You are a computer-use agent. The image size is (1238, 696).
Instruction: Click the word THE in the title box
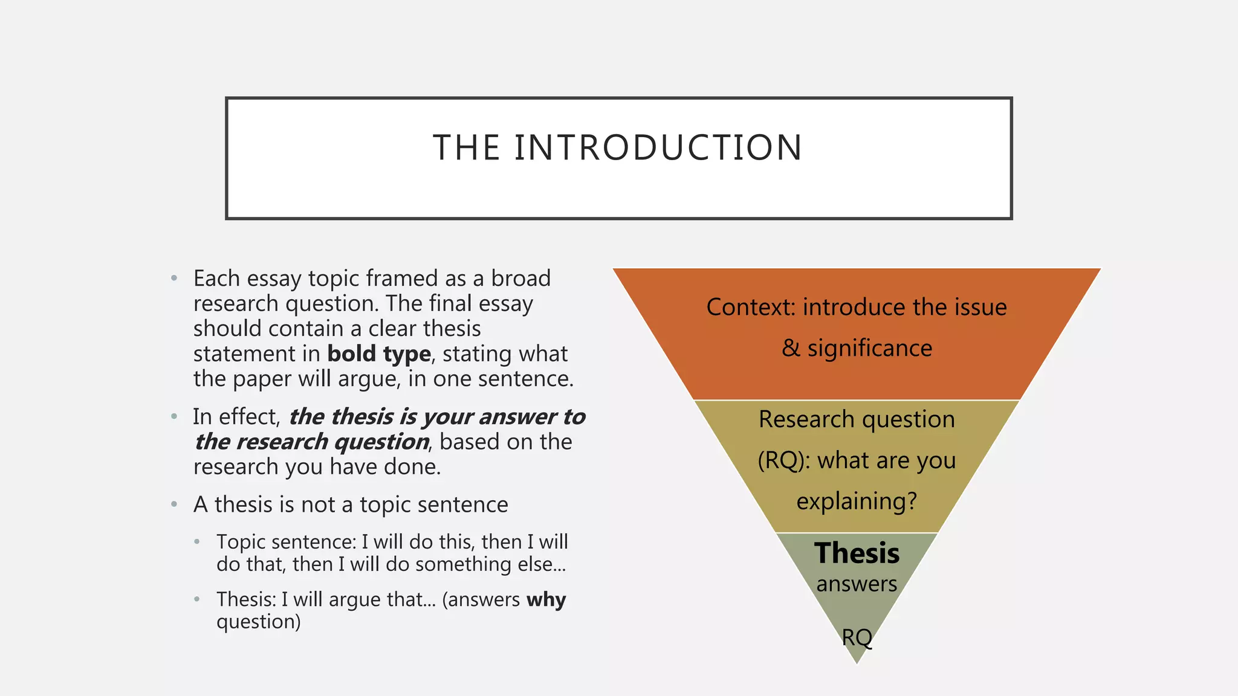pos(467,148)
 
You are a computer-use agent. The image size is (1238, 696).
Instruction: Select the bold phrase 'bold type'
pos(379,353)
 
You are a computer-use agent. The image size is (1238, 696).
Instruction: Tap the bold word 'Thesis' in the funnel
pos(857,553)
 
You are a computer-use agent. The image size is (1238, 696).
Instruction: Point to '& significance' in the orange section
pos(857,348)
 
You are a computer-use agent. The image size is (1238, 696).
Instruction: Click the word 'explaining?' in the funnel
pos(857,501)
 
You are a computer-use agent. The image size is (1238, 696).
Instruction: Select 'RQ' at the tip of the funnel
pos(857,637)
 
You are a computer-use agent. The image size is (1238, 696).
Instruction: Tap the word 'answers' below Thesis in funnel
pos(857,584)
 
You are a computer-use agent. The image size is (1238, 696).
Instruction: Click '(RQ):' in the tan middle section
pos(784,460)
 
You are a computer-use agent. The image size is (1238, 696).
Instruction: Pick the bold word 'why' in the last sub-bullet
pos(546,599)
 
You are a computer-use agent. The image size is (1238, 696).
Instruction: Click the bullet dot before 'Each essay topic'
pos(174,279)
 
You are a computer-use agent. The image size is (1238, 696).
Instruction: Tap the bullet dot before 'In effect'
pos(174,416)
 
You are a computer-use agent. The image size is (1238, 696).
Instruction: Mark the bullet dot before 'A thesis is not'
pos(174,504)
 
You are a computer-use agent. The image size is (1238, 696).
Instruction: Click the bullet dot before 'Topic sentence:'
pos(197,542)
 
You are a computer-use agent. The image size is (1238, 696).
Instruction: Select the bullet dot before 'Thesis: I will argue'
pos(197,599)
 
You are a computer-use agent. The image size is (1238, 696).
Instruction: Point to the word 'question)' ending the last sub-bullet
pos(258,622)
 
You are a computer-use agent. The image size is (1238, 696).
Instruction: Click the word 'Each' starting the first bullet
pos(217,279)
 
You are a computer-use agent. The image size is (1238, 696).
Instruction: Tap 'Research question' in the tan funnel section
pos(857,419)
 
